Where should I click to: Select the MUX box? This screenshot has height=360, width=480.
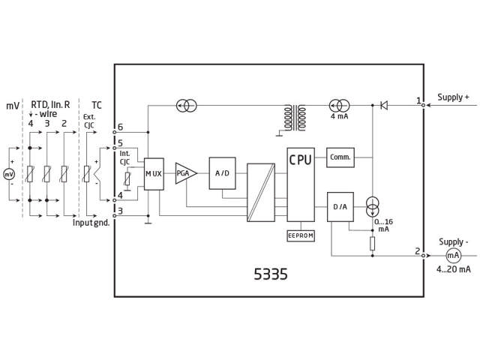click(153, 174)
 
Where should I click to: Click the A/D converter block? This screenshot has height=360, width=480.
click(223, 174)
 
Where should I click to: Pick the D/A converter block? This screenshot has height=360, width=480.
click(339, 207)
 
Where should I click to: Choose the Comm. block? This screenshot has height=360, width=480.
click(340, 157)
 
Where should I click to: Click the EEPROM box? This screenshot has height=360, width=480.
click(301, 235)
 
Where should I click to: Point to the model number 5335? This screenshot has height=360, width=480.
click(270, 274)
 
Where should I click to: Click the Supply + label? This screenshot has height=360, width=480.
click(453, 97)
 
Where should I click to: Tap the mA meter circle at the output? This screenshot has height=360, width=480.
click(454, 255)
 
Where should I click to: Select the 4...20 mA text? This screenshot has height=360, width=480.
click(454, 269)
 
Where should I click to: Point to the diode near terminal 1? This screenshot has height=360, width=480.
click(383, 105)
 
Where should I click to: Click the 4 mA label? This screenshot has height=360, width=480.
click(339, 117)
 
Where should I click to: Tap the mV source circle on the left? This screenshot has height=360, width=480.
click(10, 174)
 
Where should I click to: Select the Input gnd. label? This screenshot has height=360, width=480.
click(91, 223)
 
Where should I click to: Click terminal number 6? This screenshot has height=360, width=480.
click(120, 127)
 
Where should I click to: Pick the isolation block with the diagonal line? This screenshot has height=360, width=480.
click(261, 192)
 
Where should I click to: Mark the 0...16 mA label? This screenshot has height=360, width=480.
click(382, 225)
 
